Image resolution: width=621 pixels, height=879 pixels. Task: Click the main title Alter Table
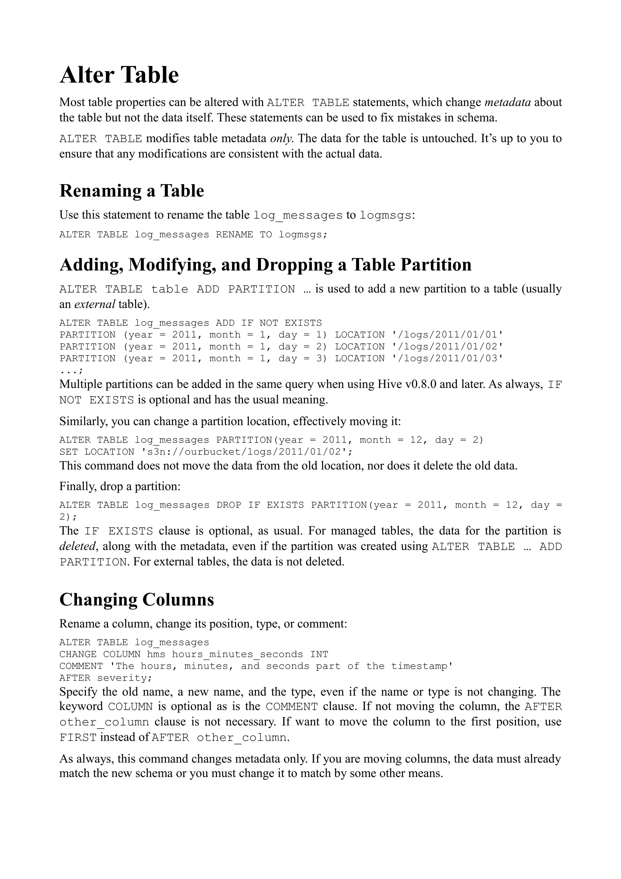click(119, 75)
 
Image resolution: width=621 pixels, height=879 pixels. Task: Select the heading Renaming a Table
click(132, 191)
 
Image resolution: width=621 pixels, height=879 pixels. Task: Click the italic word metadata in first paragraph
click(507, 102)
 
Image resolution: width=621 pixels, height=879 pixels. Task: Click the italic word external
click(95, 304)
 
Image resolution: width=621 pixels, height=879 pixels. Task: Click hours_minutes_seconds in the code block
click(237, 654)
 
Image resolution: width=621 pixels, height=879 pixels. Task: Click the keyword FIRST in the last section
click(78, 737)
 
